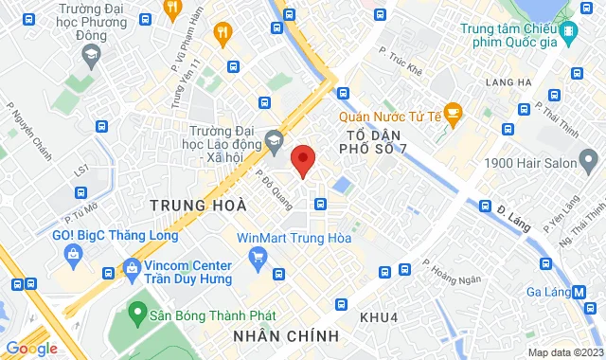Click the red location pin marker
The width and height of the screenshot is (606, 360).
click(x=302, y=161)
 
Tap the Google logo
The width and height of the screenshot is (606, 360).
click(x=31, y=349)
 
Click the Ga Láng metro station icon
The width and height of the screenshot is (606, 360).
click(x=578, y=293)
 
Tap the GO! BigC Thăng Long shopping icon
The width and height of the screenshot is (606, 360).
click(x=72, y=253)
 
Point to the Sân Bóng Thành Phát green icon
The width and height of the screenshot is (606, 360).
click(x=138, y=310)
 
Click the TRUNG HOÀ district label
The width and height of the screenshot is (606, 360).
click(x=198, y=205)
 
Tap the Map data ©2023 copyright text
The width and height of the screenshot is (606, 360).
click(x=563, y=352)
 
